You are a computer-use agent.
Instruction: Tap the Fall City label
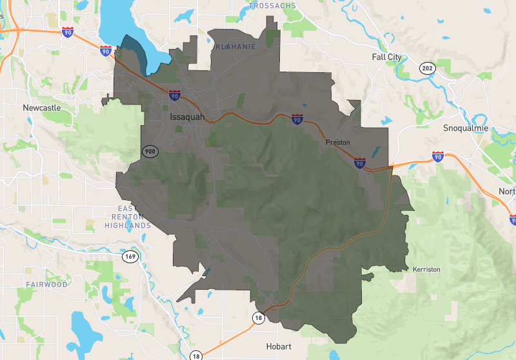point(386,57)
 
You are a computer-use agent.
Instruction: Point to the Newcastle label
point(42,108)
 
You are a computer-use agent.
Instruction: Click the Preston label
point(337,142)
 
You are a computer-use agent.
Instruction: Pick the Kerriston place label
point(426,268)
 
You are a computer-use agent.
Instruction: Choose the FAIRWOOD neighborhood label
point(46,284)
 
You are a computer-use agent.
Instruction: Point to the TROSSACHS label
point(273,6)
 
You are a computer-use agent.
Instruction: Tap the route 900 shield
point(150,152)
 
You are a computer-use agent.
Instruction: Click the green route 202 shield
point(427,68)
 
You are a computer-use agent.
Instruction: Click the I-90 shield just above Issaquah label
point(174,95)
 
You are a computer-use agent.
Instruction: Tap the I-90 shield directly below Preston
point(360,163)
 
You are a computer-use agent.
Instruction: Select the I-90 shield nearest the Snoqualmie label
point(438,156)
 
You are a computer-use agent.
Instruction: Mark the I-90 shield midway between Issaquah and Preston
point(296,119)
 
